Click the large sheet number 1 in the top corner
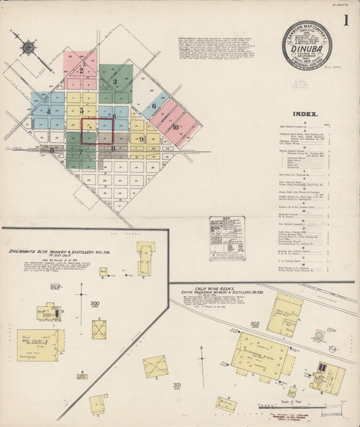tap(346, 20)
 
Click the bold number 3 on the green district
tap(115, 82)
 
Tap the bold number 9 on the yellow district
tap(141, 139)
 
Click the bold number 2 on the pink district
tap(81, 70)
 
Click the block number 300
tap(95, 304)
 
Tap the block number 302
tap(255, 324)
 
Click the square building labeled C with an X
tap(100, 329)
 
